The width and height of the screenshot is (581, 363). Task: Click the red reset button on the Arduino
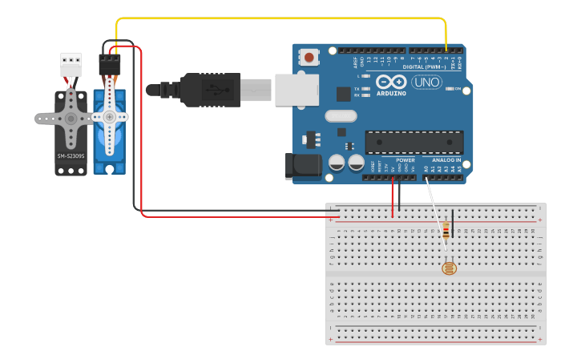(309, 57)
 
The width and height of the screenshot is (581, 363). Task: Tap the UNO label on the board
(426, 83)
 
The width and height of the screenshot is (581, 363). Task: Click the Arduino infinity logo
(390, 83)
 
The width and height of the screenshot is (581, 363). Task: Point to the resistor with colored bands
(446, 232)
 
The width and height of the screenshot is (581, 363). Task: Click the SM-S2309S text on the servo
(71, 155)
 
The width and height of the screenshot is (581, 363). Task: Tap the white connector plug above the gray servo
(71, 63)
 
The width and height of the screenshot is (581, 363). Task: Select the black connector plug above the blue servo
(110, 63)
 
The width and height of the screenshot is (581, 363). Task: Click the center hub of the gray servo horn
(71, 119)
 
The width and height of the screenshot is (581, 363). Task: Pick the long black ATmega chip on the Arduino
(414, 143)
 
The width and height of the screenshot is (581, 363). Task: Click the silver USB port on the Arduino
(296, 89)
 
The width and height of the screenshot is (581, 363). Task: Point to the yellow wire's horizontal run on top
(280, 18)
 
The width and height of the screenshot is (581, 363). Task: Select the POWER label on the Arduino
(405, 160)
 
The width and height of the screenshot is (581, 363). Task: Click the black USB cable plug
(210, 89)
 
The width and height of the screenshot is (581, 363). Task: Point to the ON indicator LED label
(458, 89)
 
